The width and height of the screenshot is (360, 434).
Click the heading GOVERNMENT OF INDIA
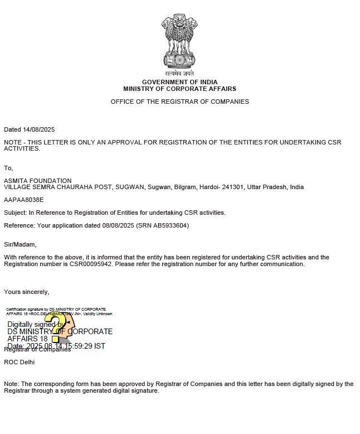[179, 82]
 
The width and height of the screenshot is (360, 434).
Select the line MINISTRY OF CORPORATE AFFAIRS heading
[179, 89]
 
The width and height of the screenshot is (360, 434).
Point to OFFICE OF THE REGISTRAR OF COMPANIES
[179, 102]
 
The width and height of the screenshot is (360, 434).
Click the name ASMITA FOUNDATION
[38, 181]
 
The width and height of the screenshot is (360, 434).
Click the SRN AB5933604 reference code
[169, 225]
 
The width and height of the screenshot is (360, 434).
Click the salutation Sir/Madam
[20, 244]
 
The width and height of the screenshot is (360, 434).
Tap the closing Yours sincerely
[26, 292]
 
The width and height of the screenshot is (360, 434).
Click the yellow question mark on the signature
[56, 326]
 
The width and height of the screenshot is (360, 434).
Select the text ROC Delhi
[19, 362]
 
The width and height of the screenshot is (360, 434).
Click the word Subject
[14, 213]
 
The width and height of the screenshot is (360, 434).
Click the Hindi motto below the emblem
[179, 74]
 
